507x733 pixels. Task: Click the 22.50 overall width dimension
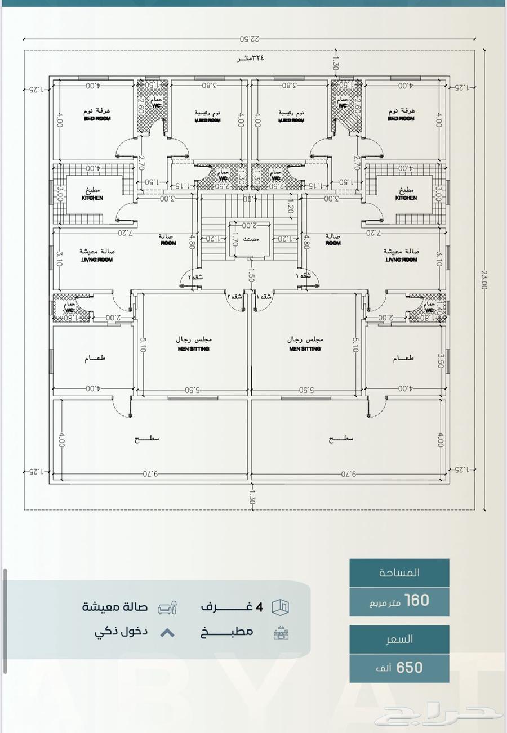pos(250,39)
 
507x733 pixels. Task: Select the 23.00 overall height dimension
pos(483,279)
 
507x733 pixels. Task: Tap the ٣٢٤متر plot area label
pos(250,58)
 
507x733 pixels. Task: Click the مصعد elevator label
pos(251,239)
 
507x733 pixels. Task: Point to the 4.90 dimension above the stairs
pos(248,199)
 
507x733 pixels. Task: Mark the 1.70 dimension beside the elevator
pos(235,240)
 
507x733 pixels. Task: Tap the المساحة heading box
pos(399,573)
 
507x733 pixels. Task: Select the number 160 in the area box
pos(416,601)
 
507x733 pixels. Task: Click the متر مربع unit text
pos(385,603)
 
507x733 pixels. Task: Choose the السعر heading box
pos(399,639)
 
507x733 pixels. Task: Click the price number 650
pos(410,668)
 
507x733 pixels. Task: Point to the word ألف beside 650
pos(384,669)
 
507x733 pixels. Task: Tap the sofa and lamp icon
pos(167,607)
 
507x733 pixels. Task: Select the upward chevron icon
pos(167,633)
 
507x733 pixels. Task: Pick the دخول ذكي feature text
pos(121,632)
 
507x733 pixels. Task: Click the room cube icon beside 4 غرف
pos(280,607)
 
